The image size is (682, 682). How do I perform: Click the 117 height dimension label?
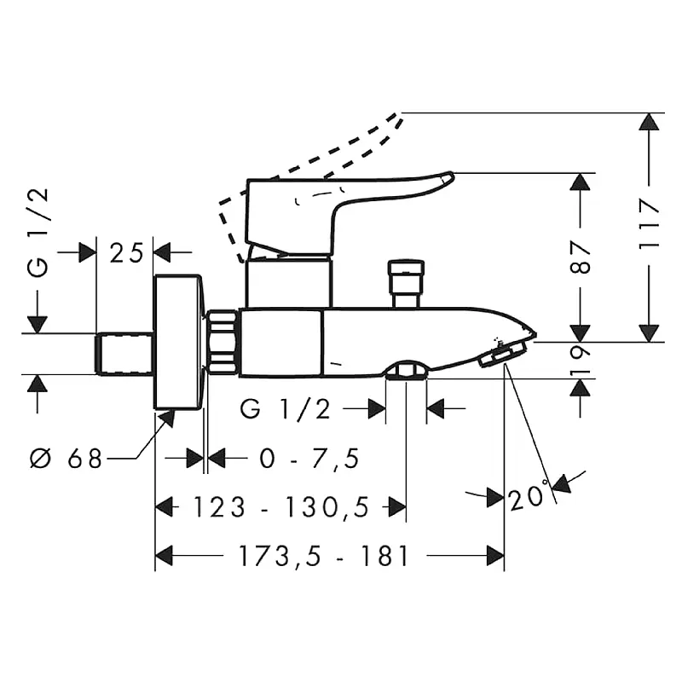(x=649, y=224)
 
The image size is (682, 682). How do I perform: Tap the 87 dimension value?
(x=580, y=257)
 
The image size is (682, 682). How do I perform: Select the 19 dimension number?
(x=580, y=361)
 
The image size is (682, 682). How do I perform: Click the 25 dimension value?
(x=126, y=252)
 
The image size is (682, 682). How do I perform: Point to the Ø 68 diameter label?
(x=66, y=458)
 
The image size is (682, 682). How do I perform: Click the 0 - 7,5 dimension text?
(x=309, y=458)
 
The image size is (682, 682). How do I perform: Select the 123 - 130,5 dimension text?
(x=281, y=507)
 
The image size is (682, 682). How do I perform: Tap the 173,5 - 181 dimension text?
(x=324, y=556)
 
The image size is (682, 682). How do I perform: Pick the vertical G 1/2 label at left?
(x=38, y=233)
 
